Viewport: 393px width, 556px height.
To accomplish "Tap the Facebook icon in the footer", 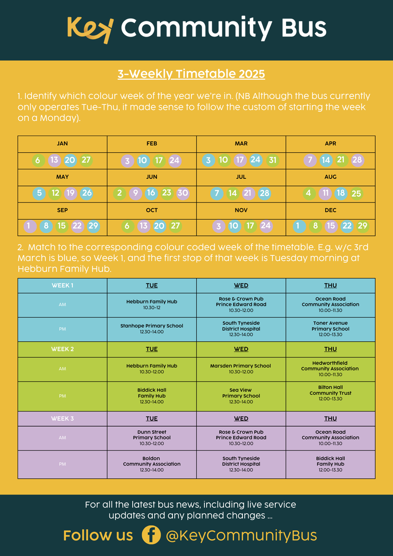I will point(151,536).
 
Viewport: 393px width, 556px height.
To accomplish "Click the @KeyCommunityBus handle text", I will point(241,536).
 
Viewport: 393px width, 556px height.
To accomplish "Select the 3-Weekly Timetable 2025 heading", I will point(191,74).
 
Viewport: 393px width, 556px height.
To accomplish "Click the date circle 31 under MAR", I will point(272,160).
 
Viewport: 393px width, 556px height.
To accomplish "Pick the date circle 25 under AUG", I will point(356,194).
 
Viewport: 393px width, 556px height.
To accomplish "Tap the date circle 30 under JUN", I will point(183,193).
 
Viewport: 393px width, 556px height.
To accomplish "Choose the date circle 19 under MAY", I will point(71,193).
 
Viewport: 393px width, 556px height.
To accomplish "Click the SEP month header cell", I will point(62,210).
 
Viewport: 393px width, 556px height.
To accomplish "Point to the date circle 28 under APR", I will point(357,160).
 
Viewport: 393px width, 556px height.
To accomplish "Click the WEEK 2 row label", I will point(62,349).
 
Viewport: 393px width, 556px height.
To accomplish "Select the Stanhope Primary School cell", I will point(152,329).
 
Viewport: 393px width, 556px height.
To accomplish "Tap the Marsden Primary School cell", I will point(241,369).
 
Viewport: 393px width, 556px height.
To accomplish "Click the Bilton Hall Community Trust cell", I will point(330,393).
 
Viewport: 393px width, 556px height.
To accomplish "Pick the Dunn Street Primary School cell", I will point(152,438).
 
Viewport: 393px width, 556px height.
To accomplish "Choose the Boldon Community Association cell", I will point(152,464).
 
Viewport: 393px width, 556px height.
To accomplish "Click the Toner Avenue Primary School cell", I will point(330,329).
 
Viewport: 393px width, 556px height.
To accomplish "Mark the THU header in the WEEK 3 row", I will point(330,418).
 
